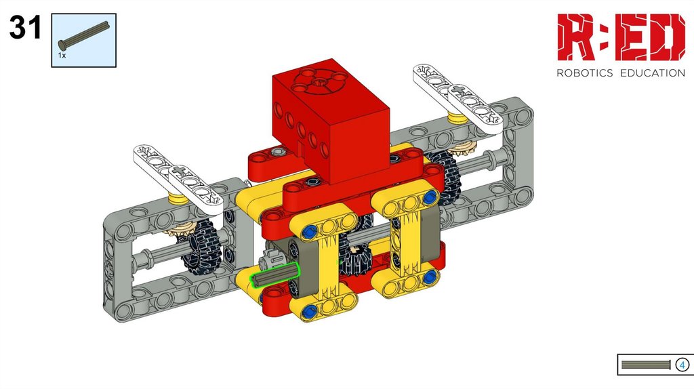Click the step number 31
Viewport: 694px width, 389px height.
[x=25, y=27]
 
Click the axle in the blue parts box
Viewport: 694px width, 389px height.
[x=83, y=35]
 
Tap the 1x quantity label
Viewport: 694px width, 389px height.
[x=62, y=56]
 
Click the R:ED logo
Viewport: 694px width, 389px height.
[x=621, y=37]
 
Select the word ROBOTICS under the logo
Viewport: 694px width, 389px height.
[x=584, y=73]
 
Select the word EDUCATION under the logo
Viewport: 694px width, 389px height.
[x=653, y=73]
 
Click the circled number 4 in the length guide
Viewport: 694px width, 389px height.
[x=682, y=365]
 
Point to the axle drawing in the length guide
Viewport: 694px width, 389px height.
[x=646, y=365]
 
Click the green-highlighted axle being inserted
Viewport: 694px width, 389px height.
[x=275, y=274]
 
